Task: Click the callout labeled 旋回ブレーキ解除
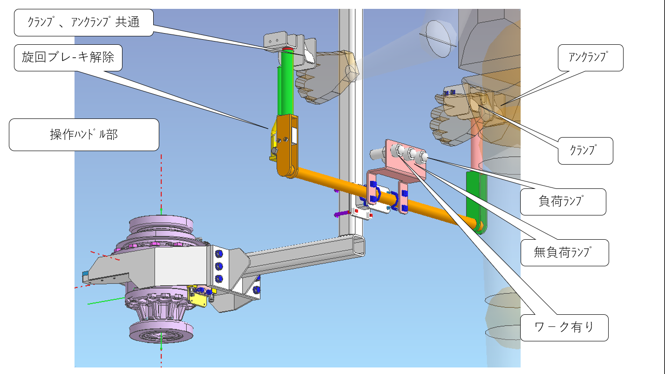68,58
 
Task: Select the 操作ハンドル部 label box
84,135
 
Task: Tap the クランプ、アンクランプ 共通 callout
84,22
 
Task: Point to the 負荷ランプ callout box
563,202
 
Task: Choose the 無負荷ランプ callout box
565,253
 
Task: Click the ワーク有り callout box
564,328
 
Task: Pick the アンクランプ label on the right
590,58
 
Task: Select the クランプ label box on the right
585,151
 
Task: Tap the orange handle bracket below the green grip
288,145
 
